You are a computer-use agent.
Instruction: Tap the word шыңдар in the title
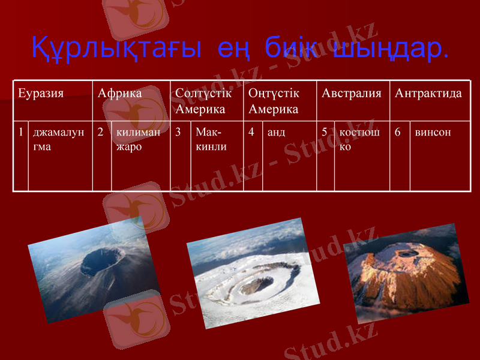(390, 49)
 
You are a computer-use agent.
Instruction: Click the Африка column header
(120, 94)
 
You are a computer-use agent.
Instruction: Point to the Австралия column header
(352, 94)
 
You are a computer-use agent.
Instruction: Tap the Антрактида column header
(428, 94)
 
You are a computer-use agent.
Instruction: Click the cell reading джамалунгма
(59, 139)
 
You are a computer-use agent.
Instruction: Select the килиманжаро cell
(139, 139)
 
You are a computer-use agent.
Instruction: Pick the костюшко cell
(359, 139)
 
